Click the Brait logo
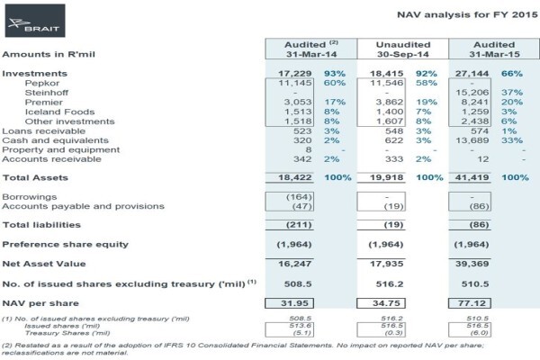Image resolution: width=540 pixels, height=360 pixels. click(35, 21)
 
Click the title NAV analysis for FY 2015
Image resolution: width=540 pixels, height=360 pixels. click(467, 14)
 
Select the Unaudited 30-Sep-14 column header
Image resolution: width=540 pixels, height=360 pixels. click(403, 49)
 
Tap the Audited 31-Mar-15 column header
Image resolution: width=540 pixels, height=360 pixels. click(494, 49)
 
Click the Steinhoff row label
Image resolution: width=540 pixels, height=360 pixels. click(47, 93)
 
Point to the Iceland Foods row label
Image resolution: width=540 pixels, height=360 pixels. click(59, 112)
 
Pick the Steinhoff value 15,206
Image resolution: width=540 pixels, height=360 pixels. click(472, 93)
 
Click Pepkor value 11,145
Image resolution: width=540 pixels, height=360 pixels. click(295, 83)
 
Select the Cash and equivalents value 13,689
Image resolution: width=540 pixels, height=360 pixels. click(472, 140)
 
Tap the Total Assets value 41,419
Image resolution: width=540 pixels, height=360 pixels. click(472, 177)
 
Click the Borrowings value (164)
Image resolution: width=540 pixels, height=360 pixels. click(299, 197)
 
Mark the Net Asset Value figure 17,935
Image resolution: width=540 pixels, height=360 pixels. click(386, 264)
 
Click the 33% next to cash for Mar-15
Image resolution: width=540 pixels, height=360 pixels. click(512, 140)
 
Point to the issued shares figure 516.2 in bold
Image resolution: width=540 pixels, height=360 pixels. click(390, 283)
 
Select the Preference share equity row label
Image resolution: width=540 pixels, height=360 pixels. click(65, 244)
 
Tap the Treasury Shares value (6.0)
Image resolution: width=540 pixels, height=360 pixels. click(479, 333)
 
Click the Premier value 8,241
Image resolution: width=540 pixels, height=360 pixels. click(475, 102)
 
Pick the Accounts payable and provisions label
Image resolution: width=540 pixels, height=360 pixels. click(83, 206)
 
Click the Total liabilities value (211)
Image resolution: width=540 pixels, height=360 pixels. click(299, 225)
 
